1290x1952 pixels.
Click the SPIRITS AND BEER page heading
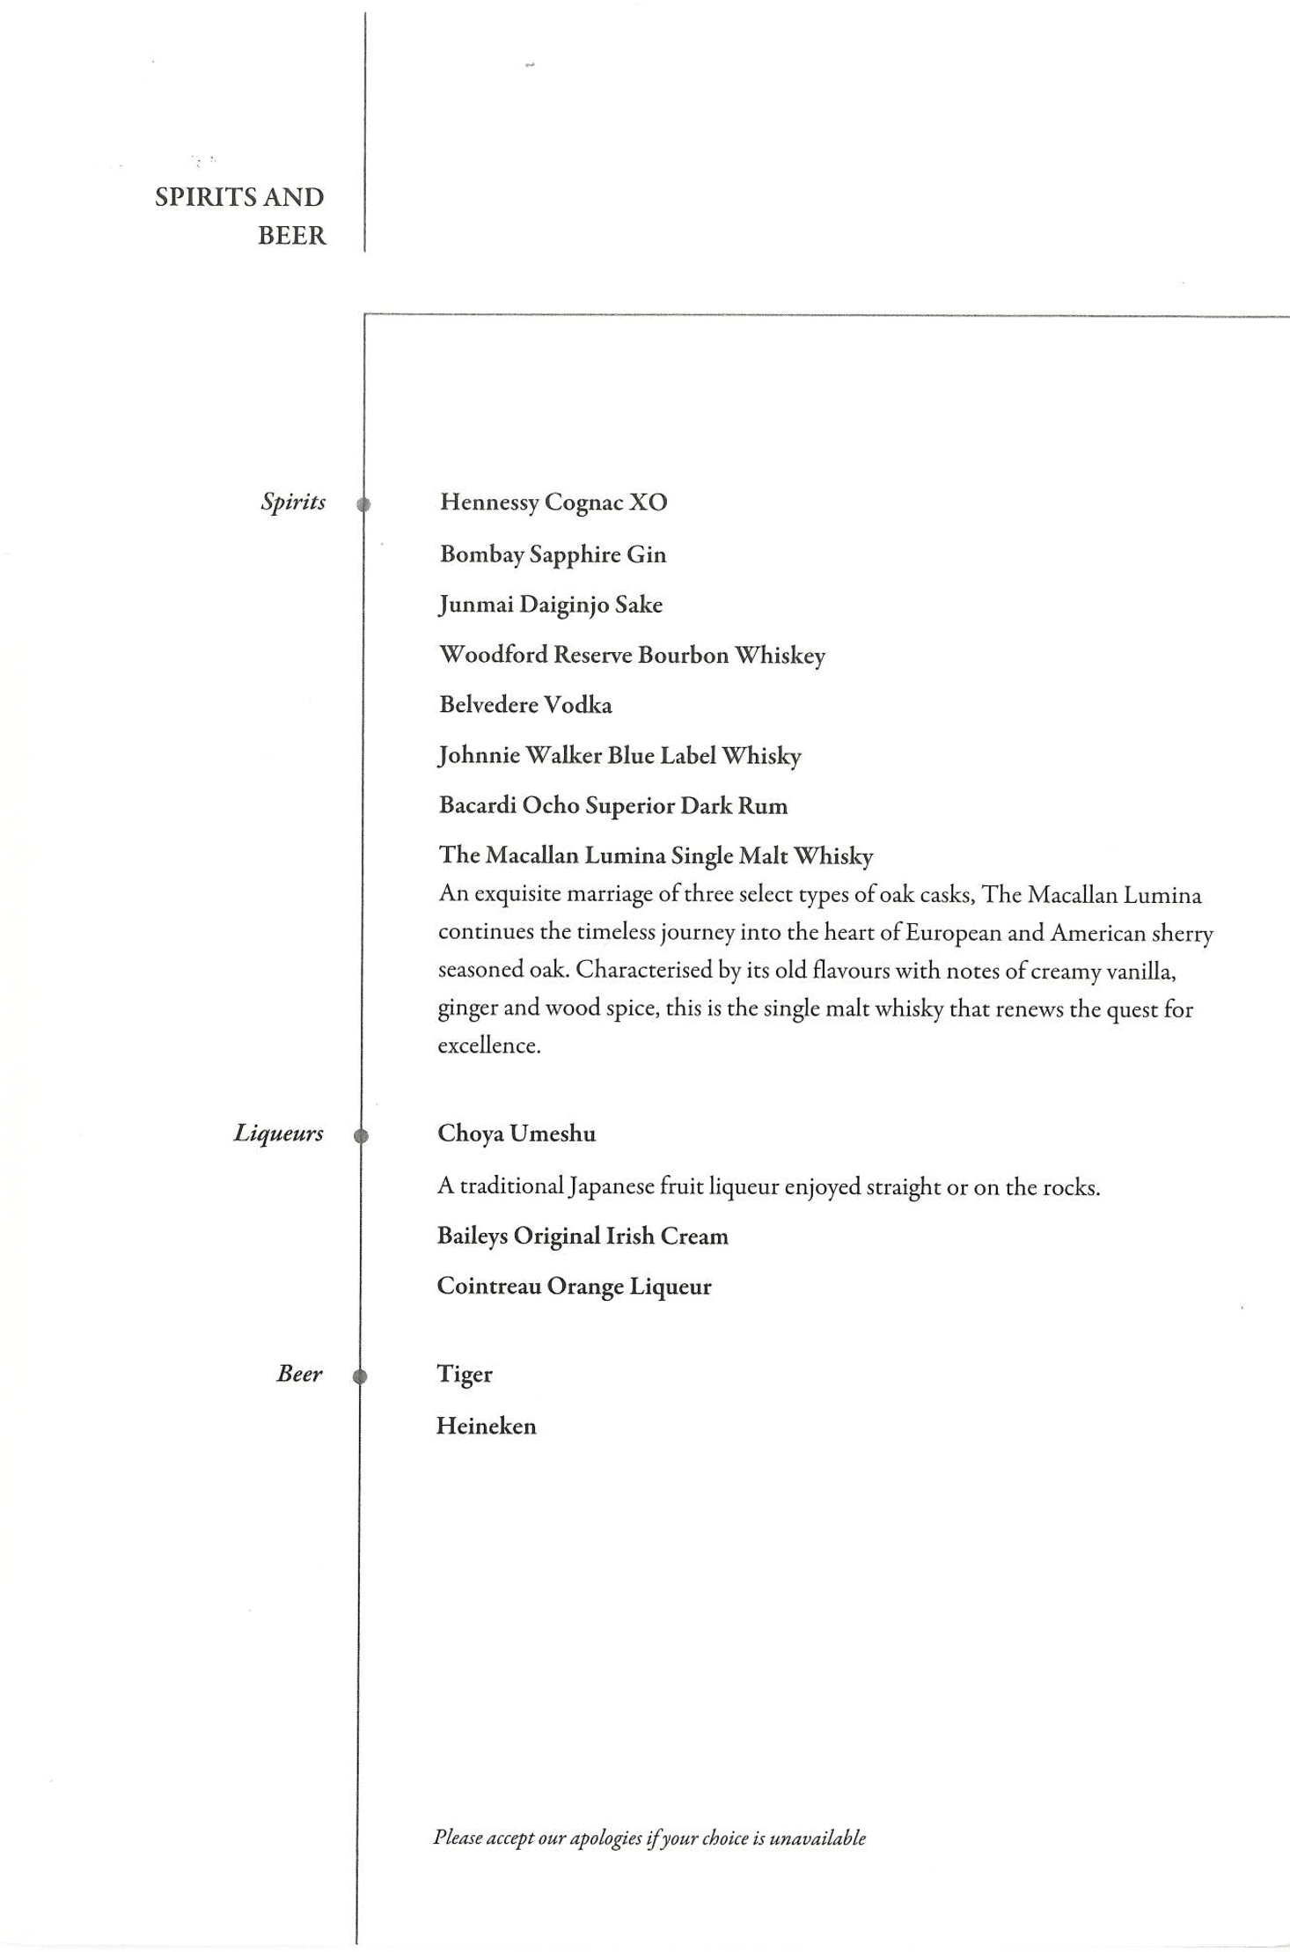240,216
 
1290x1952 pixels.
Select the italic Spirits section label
293,503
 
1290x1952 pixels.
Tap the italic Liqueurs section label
278,1134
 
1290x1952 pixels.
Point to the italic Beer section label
299,1374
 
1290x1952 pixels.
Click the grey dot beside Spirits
363,504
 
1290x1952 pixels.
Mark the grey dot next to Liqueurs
361,1135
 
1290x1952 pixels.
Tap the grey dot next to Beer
359,1376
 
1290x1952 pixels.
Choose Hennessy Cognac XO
553,503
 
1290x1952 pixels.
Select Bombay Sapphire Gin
553,554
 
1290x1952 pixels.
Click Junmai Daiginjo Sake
550,605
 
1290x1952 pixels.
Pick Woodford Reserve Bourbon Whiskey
632,656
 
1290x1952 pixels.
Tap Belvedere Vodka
525,705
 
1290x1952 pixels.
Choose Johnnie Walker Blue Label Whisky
619,756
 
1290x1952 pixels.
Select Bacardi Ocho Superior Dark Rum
612,806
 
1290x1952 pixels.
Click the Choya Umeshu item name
517,1134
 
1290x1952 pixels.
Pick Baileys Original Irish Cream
583,1237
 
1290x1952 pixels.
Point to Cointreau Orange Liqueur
574,1287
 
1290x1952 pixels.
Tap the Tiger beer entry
464,1375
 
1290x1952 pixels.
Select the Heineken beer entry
486,1427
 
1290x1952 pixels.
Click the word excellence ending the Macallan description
488,1046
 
